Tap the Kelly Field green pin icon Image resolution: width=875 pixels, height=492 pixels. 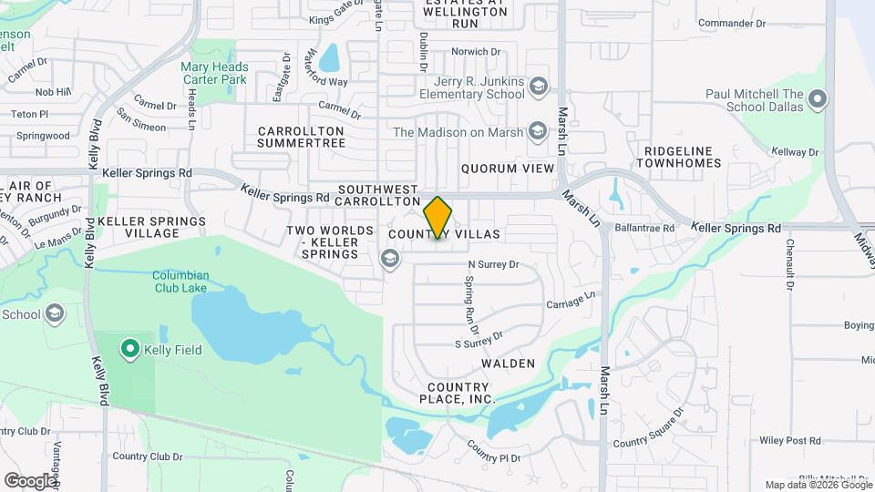click(129, 348)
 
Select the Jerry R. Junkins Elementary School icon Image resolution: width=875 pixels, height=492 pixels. click(539, 87)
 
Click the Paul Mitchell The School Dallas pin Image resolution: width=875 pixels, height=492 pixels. click(817, 99)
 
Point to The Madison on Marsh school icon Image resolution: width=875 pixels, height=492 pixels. click(538, 132)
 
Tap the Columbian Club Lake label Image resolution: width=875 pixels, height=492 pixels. click(180, 282)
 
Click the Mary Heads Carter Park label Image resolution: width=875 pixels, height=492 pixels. click(214, 74)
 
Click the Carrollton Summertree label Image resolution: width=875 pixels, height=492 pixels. click(301, 138)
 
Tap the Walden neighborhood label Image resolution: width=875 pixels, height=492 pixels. click(509, 364)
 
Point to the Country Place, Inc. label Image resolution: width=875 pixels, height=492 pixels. click(458, 393)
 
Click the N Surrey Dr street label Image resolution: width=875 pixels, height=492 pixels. click(492, 265)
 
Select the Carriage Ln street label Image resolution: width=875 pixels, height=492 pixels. click(571, 302)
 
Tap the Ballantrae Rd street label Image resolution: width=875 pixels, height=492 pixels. click(643, 228)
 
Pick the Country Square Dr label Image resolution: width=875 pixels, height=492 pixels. click(648, 428)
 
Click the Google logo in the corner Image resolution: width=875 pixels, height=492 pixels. click(30, 480)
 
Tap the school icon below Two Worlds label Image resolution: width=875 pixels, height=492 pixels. click(390, 261)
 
